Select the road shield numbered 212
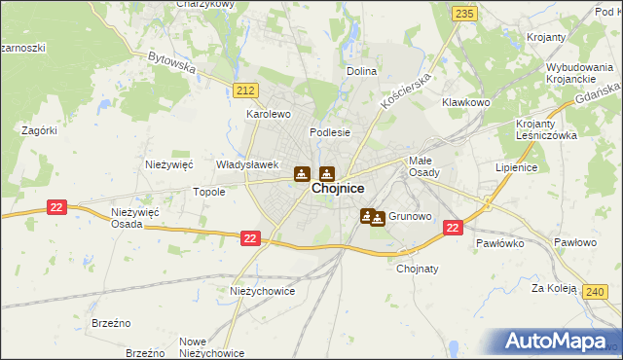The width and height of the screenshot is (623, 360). coord(246,90)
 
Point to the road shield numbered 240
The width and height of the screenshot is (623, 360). coord(596,290)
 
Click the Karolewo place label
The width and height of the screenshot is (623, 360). coord(269,114)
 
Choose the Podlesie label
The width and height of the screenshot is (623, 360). coord(329,132)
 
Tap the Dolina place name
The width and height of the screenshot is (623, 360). coord(362,71)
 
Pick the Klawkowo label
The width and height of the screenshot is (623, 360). coord(463,102)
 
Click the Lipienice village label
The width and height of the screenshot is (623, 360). coord(517,167)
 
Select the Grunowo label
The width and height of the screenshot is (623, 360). coord(410,216)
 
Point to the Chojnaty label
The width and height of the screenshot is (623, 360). coord(418,270)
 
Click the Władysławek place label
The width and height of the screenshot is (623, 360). coord(248,165)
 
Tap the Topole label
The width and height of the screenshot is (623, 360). coord(209,192)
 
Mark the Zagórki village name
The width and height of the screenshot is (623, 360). coord(40,130)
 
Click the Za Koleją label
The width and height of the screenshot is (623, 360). coord(556,289)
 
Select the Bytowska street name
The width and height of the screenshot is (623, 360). coord(172,63)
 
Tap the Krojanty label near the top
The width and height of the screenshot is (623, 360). coord(546,37)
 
